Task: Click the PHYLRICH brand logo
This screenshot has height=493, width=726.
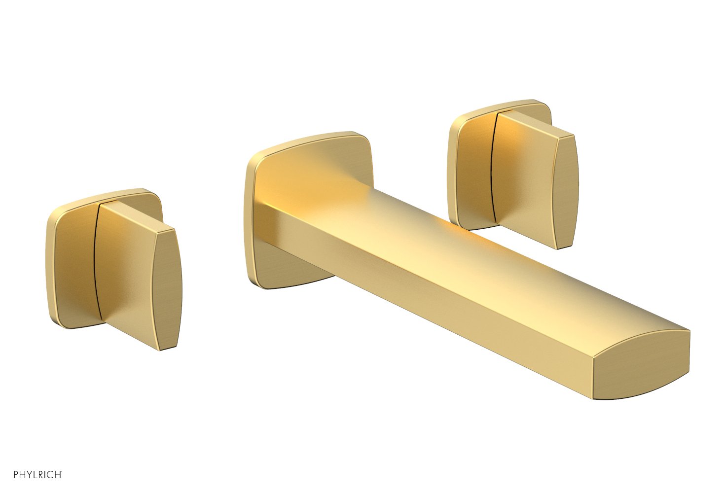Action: coord(37,475)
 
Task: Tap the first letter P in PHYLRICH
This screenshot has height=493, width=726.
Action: coord(16,475)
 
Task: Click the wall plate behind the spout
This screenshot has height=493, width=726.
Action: coord(306,163)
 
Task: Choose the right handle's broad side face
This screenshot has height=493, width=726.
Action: coord(523,187)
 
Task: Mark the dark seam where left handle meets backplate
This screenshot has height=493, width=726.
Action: coord(95,261)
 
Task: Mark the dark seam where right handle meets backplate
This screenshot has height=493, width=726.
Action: coord(493,168)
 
